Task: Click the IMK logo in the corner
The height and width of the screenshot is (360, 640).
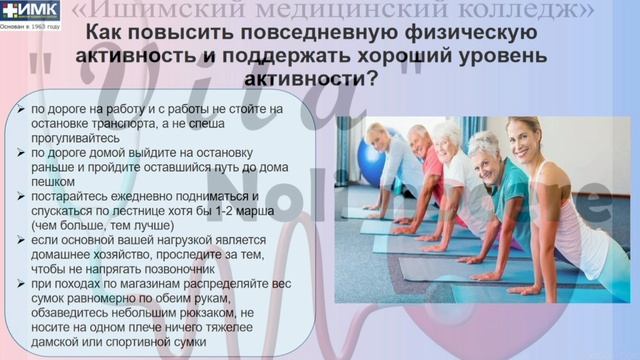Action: (x=30, y=12)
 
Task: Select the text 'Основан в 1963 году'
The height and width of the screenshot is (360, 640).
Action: (x=30, y=26)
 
